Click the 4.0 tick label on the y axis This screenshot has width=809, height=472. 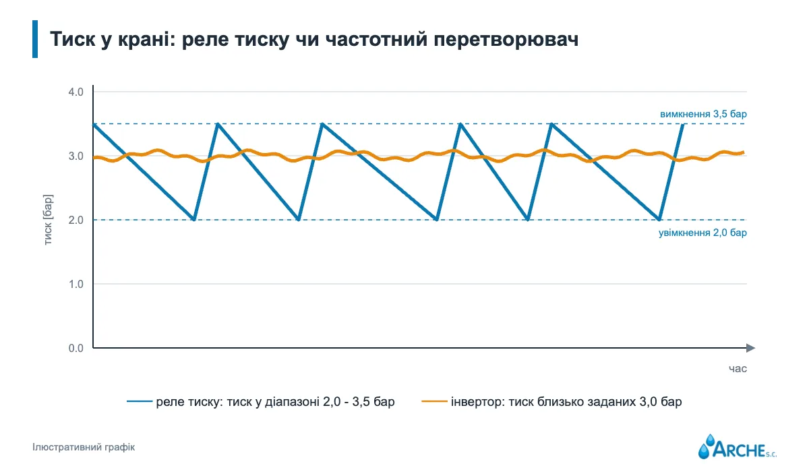[76, 92]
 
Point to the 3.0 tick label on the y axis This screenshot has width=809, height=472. [76, 156]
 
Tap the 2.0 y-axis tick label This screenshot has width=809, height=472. [76, 220]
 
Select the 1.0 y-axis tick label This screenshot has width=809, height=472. [76, 284]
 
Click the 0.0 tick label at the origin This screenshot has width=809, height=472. [76, 348]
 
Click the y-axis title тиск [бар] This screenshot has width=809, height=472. [48, 220]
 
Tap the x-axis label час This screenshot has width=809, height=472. [738, 369]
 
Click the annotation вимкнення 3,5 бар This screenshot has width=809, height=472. [703, 114]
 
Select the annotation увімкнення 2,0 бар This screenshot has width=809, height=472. [702, 233]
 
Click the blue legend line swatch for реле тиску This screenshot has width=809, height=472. [140, 401]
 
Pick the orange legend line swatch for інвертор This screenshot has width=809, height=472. [434, 401]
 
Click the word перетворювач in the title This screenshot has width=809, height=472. [506, 39]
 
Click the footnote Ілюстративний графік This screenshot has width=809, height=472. [84, 447]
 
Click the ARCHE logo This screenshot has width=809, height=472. [737, 447]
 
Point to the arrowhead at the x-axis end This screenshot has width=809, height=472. [750, 348]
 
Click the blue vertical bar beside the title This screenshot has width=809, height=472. [35, 39]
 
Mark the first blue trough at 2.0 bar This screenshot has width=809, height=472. [194, 219]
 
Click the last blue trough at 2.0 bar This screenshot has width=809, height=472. [659, 219]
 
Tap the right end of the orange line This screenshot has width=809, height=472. [743, 152]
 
